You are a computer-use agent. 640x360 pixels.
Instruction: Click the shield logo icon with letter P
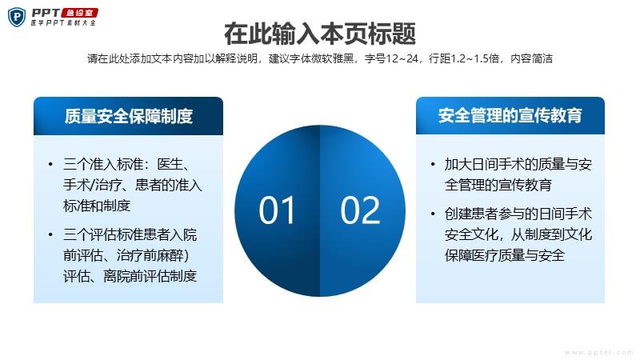tap(17, 17)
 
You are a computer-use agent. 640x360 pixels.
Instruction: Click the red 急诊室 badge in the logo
tap(79, 13)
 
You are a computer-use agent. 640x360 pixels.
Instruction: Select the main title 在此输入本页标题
tap(320, 34)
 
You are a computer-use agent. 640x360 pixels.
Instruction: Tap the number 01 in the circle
tap(277, 210)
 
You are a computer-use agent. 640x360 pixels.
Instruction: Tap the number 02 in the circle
tap(361, 210)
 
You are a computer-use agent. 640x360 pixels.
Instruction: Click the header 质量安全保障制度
tap(129, 116)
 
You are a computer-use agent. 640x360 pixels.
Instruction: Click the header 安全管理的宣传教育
tap(510, 115)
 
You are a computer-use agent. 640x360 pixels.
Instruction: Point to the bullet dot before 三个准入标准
tap(50, 165)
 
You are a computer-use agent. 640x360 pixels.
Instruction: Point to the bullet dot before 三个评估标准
tap(50, 234)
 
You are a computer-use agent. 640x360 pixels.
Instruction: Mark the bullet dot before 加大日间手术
tap(433, 165)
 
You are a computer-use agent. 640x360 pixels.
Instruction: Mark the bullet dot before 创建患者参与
tap(433, 214)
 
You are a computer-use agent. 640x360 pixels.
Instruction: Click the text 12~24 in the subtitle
tap(402, 58)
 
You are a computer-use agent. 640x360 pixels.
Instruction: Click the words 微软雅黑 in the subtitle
tap(332, 58)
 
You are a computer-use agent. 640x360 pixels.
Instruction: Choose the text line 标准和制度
tap(97, 206)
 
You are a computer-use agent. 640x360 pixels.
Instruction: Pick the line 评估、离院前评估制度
tap(130, 276)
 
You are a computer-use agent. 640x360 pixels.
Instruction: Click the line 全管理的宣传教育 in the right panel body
tap(498, 185)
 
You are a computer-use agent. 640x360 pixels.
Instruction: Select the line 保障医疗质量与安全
tap(505, 255)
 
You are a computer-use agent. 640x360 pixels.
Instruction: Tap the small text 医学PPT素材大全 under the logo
tap(63, 23)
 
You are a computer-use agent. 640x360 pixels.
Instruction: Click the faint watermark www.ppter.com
tap(599, 352)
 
